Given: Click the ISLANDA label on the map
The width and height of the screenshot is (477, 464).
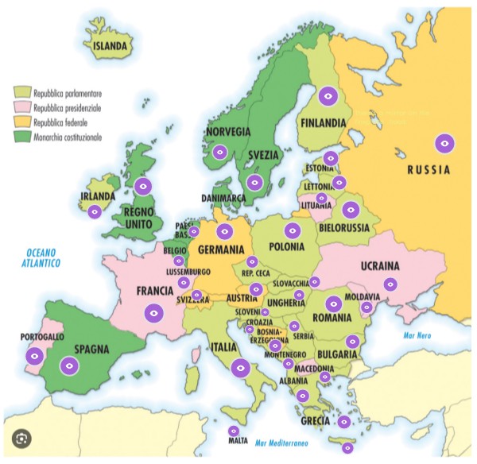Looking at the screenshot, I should click(x=111, y=47).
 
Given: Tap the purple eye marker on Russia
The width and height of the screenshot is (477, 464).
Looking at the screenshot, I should click(x=445, y=144).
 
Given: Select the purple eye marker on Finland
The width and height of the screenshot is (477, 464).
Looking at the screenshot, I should click(x=327, y=96).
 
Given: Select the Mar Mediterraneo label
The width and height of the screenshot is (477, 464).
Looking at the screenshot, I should click(x=281, y=442).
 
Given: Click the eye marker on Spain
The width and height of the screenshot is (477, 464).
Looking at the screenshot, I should click(x=70, y=365).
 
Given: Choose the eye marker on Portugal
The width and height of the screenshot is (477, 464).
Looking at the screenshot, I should click(x=34, y=356).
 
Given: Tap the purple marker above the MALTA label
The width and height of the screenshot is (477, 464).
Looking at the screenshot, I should click(x=233, y=431).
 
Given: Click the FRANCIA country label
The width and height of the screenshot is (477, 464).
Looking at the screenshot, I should click(x=156, y=291).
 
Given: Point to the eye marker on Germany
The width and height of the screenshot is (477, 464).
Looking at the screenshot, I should click(x=225, y=231).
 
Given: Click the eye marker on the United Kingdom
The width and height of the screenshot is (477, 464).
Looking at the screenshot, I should click(x=143, y=187).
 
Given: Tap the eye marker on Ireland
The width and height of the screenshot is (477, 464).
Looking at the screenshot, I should click(x=95, y=211).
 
